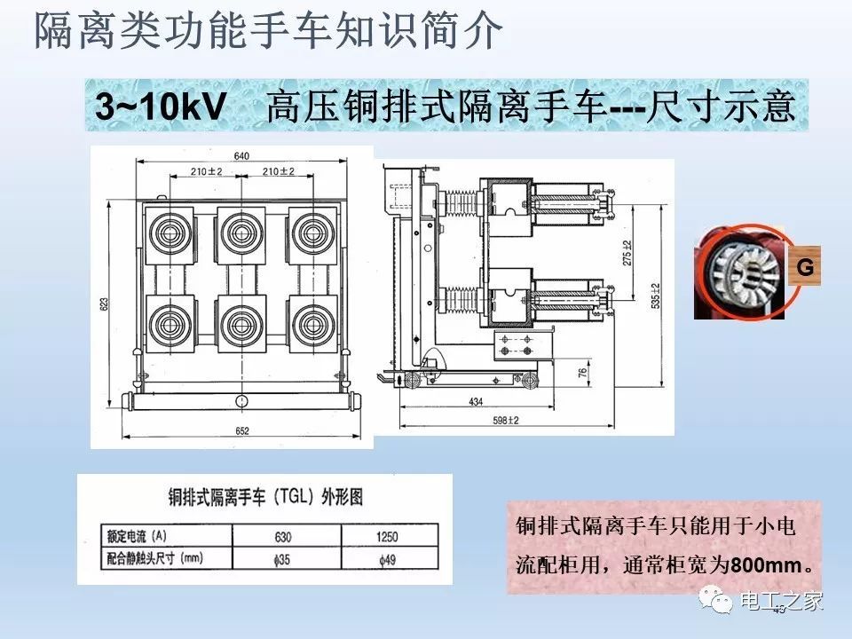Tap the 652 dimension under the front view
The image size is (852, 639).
[242, 430]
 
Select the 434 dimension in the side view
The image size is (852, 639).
[477, 402]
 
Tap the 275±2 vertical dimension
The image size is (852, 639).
[627, 253]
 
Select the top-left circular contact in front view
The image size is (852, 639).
[166, 233]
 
